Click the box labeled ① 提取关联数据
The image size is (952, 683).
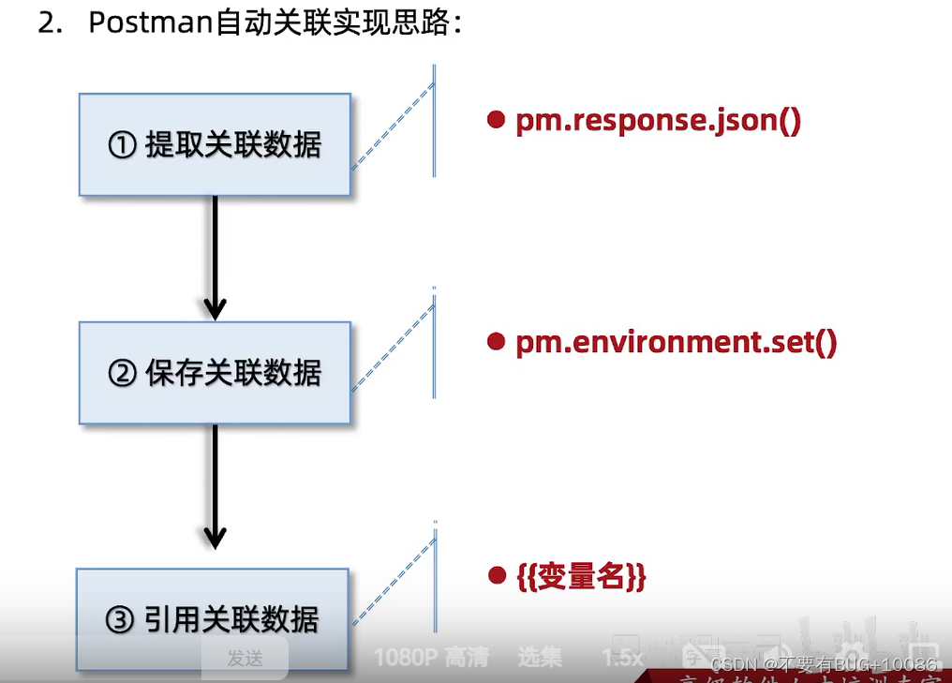tap(215, 144)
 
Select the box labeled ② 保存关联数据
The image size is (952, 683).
tap(215, 373)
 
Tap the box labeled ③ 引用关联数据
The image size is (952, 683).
tap(213, 619)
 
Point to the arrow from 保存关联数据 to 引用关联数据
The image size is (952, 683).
tap(216, 485)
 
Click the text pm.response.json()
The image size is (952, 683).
tap(658, 121)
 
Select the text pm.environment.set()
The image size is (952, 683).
tap(676, 342)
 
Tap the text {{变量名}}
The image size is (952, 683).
tap(581, 576)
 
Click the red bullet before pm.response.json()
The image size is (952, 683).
tap(497, 120)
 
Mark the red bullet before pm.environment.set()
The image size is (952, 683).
tap(497, 342)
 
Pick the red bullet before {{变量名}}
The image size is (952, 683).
tap(497, 573)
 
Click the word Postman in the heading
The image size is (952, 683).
tap(150, 22)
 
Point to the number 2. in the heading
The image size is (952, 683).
tap(49, 22)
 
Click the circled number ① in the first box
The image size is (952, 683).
tap(123, 146)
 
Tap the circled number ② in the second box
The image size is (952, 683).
tap(123, 375)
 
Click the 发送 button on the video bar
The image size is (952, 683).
tap(245, 659)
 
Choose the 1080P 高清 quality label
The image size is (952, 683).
tap(431, 658)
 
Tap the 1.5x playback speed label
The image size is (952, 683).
tap(622, 658)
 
